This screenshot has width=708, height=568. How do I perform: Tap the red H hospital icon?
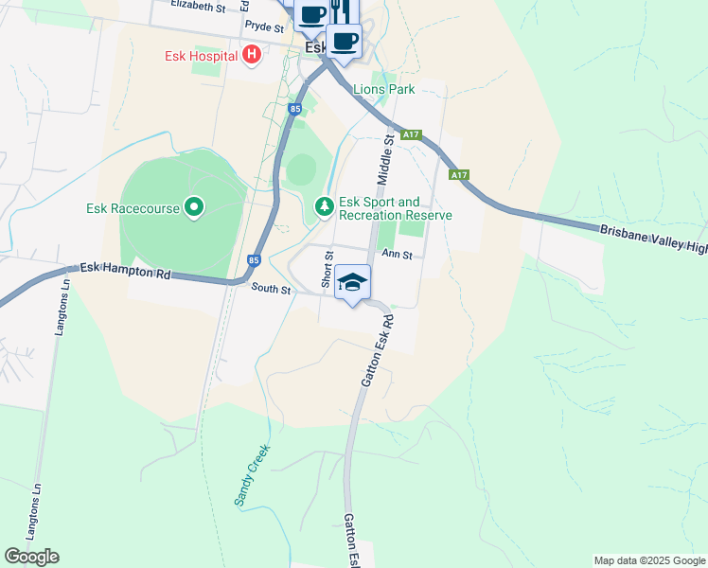[x=251, y=54]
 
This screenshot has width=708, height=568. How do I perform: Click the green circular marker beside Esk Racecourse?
[x=194, y=206]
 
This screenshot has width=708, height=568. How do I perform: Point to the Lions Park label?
[x=383, y=90]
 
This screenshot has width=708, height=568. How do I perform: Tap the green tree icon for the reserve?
[x=324, y=205]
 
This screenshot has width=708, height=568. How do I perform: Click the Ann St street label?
[x=397, y=254]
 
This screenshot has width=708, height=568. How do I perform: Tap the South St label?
[x=270, y=289]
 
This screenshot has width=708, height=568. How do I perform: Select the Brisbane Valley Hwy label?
[x=653, y=238]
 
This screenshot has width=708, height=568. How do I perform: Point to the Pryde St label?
[x=263, y=28]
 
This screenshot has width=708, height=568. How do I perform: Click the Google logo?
[x=31, y=557]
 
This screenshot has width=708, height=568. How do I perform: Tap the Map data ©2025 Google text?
[x=649, y=560]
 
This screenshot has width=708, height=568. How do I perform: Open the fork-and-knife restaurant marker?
[x=341, y=11]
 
